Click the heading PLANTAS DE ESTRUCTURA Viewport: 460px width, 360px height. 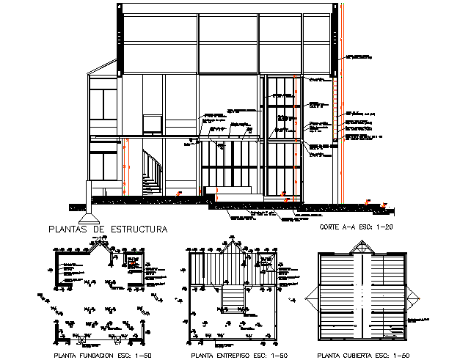coord(108,229)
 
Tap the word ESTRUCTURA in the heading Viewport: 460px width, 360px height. coord(139,229)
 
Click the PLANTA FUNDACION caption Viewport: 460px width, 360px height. coord(100,355)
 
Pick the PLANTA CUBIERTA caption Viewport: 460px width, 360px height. coord(359,355)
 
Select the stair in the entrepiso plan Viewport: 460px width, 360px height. coord(233,298)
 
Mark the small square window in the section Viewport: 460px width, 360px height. coord(153,125)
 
